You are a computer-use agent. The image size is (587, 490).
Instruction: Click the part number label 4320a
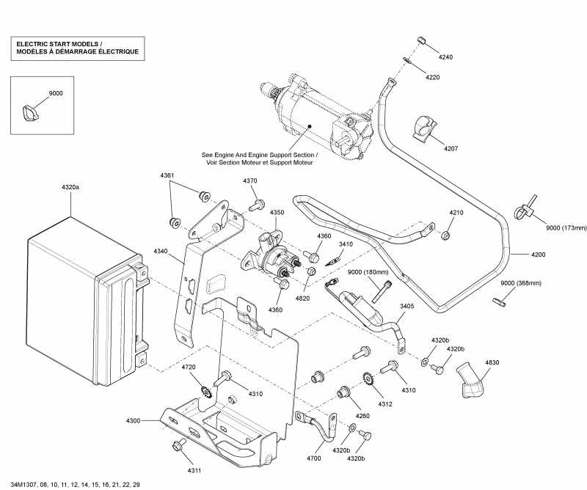tap(70, 188)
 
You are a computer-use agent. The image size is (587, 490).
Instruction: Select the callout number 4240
tap(445, 57)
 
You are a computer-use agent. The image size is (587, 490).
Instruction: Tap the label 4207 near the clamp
tap(451, 149)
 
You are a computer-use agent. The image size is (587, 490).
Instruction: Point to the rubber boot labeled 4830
tap(469, 379)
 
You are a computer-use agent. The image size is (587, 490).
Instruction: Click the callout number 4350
tap(277, 213)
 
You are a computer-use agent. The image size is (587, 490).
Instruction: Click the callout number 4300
tap(133, 420)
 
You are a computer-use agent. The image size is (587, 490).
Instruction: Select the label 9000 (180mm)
tap(365, 273)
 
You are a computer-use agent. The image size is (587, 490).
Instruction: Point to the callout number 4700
tap(313, 458)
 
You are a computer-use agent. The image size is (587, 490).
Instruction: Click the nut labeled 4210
tap(445, 235)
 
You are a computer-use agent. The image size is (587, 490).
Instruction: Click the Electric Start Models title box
tap(77, 48)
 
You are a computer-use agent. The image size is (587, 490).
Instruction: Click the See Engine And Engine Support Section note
tap(260, 159)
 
